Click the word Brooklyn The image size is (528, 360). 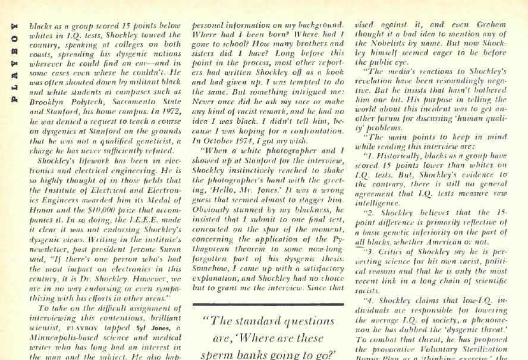point(46,102)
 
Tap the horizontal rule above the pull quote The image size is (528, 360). point(268,305)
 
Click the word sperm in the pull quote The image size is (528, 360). point(216,353)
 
